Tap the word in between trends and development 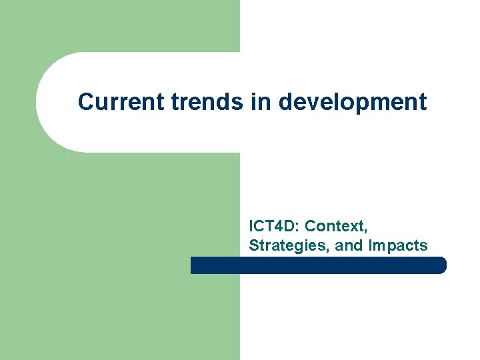(x=263, y=102)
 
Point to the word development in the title (x=353, y=103)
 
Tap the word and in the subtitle (x=348, y=245)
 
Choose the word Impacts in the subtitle (x=397, y=245)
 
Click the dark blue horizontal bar (x=318, y=265)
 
